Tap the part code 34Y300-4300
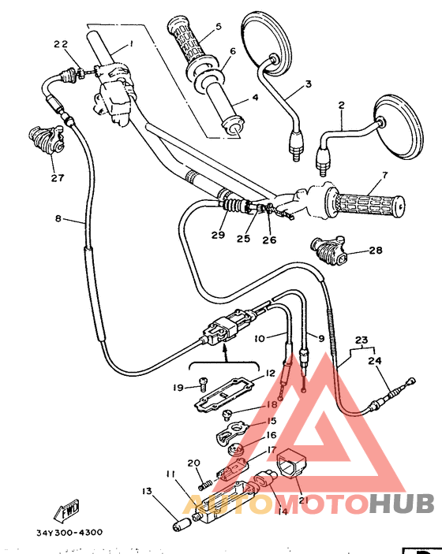coord(69,532)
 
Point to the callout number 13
coord(148,491)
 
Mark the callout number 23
coord(361,341)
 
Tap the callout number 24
coord(375,361)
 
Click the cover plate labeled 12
coord(229,392)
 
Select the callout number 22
coord(60,43)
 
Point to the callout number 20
coord(193,463)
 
